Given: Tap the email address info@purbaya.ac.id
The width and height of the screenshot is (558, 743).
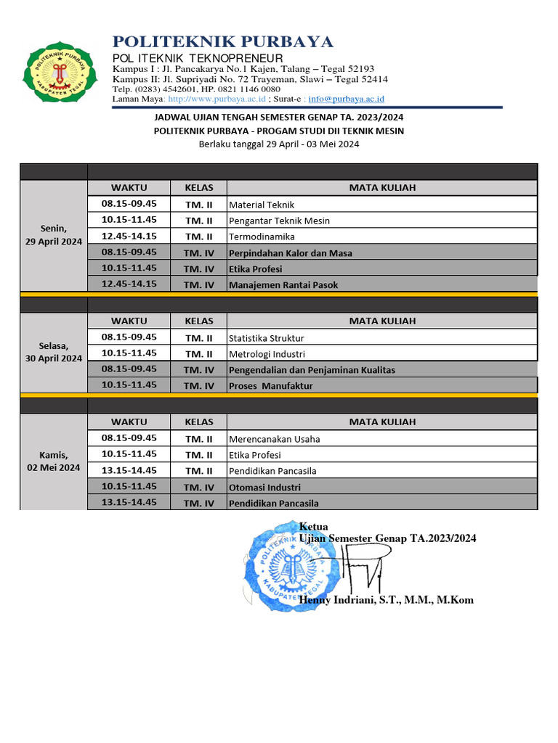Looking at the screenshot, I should click(x=346, y=99).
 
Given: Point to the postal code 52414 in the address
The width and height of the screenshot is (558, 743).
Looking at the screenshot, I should click(x=372, y=79).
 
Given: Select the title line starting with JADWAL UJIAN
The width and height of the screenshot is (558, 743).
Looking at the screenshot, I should click(x=279, y=117).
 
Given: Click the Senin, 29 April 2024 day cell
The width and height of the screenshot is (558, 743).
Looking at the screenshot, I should click(x=54, y=235).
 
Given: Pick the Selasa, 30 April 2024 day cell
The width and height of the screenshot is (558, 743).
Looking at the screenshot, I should click(x=54, y=353).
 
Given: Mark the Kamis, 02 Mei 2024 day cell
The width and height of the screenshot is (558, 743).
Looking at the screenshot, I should click(x=54, y=461).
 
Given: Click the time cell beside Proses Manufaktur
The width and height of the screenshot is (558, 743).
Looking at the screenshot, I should click(x=129, y=385).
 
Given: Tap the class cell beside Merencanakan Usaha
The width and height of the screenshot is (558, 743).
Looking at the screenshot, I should click(x=198, y=439).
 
